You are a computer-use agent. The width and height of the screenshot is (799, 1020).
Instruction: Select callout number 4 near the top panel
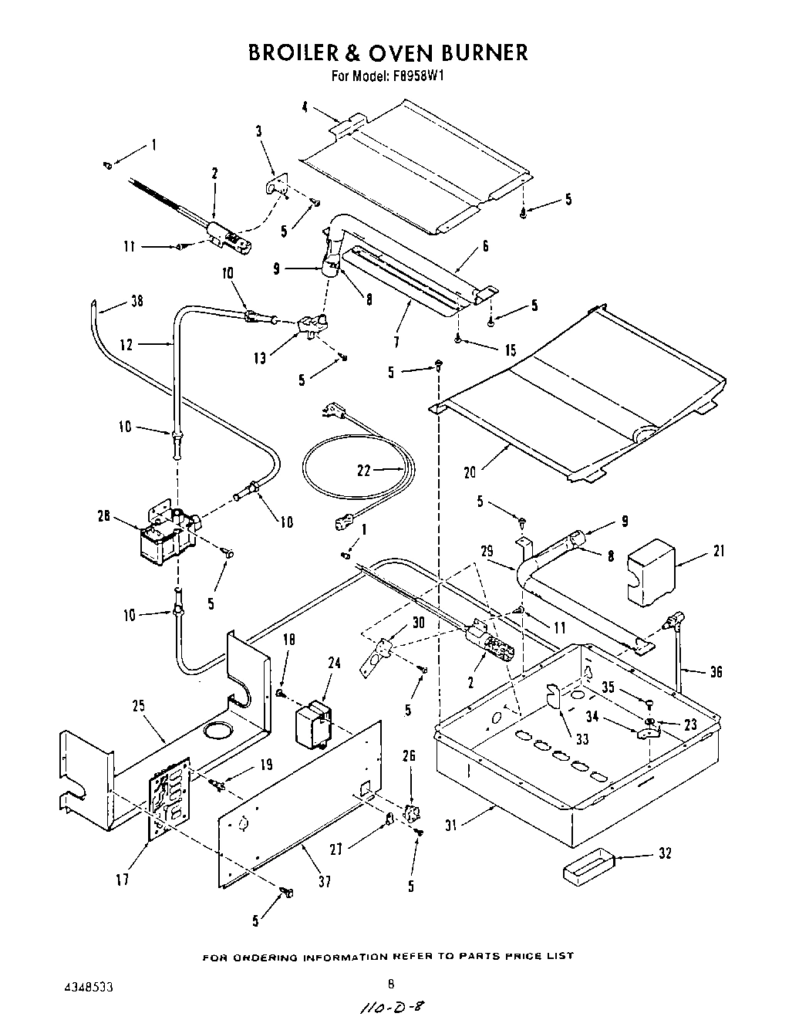coord(305,108)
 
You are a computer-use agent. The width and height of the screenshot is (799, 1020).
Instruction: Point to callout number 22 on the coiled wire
coord(364,471)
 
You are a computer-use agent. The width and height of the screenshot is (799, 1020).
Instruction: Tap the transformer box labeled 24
coord(315,722)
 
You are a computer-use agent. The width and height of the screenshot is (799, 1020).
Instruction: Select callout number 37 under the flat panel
coord(325,880)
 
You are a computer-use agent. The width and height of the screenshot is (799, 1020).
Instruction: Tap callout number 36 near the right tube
coord(716,672)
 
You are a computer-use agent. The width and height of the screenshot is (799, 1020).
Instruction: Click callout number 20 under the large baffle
coord(470,471)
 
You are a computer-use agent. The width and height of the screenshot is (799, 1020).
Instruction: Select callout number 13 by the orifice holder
coord(260,357)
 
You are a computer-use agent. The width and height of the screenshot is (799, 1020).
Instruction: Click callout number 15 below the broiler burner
coord(511,350)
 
